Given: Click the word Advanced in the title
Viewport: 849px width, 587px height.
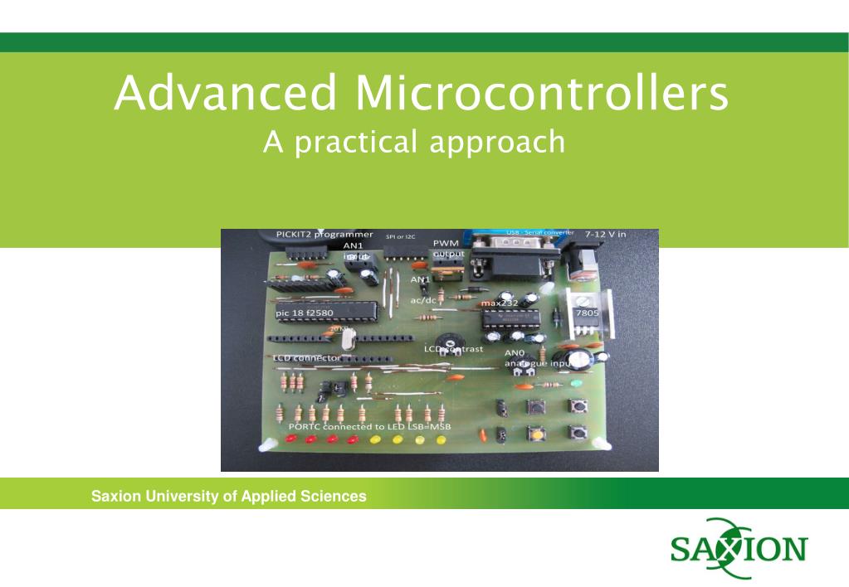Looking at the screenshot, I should point(227,94).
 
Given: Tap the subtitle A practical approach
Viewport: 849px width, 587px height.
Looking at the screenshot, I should point(413,142).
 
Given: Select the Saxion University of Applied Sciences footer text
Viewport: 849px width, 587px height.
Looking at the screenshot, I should point(228,497).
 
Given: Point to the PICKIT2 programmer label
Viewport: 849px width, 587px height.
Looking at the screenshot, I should point(324,235).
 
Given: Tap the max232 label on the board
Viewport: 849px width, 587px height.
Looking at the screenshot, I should point(500,303).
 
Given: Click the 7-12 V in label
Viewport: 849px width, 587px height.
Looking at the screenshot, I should point(607,235).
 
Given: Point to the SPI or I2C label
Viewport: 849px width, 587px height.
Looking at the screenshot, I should point(401,236).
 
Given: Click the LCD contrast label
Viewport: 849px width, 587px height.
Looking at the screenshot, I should point(453,349).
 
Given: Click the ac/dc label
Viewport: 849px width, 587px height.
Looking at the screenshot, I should point(423,300).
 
